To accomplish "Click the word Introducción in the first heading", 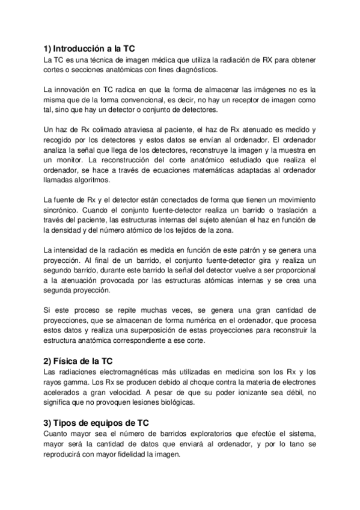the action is click(82, 49).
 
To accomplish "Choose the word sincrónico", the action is click(62, 210).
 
